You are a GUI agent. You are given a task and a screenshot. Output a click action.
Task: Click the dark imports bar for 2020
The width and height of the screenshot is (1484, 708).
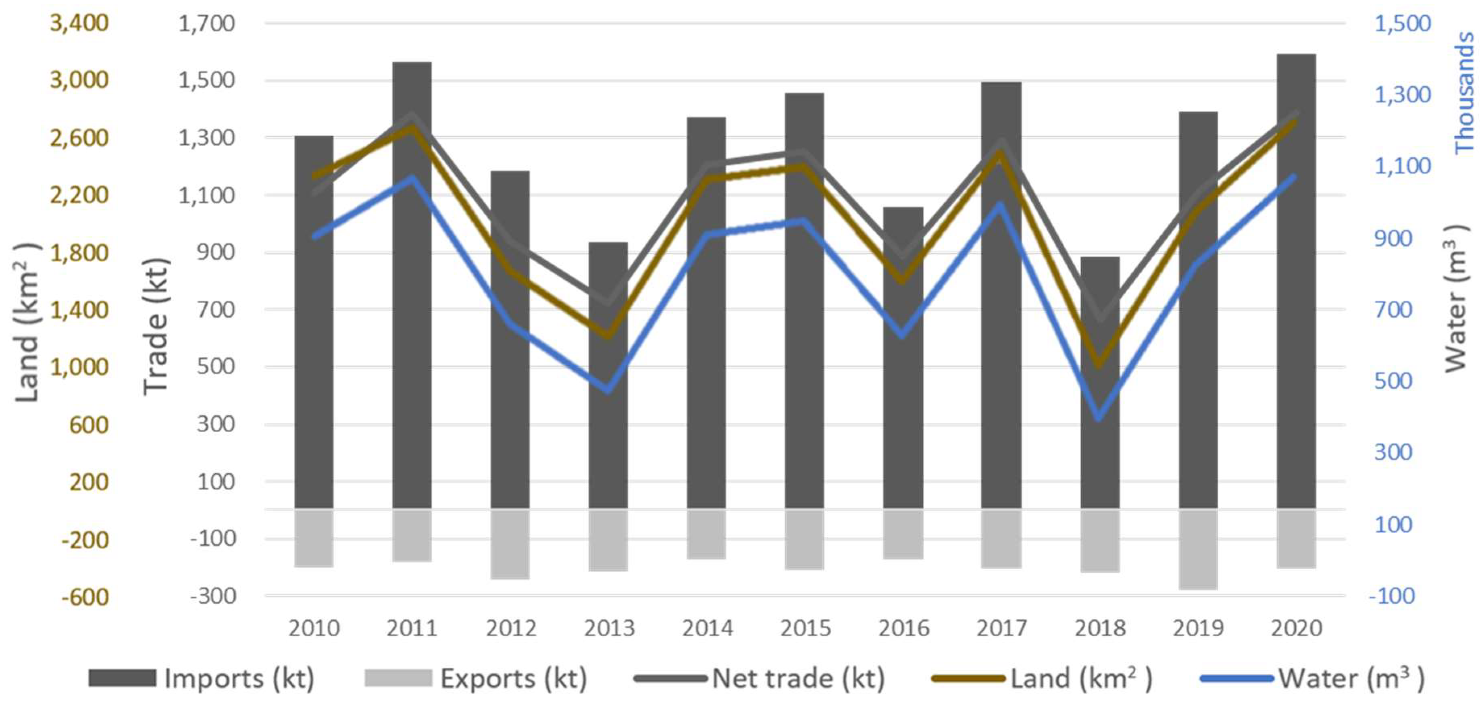point(1296,281)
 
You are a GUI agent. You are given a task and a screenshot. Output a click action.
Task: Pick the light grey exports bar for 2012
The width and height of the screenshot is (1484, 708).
point(510,544)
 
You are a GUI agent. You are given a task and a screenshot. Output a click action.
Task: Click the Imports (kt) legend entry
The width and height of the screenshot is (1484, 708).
point(202,678)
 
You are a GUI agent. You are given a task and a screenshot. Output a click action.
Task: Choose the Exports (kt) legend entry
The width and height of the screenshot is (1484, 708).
point(476,678)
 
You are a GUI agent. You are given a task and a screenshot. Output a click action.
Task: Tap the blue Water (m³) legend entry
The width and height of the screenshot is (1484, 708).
point(1313,678)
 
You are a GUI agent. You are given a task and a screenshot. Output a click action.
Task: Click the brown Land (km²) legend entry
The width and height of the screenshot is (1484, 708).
point(1042,678)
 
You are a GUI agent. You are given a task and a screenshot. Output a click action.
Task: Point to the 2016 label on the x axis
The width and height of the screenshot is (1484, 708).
point(903,628)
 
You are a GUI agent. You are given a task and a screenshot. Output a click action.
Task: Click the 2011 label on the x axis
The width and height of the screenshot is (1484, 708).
point(412,628)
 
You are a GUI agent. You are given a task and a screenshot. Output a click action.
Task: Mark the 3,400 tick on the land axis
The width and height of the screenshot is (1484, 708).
point(79,23)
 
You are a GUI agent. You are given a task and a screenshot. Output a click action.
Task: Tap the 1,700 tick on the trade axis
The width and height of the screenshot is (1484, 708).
point(207,23)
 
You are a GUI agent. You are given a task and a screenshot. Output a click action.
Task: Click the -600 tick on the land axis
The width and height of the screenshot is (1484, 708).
point(85,596)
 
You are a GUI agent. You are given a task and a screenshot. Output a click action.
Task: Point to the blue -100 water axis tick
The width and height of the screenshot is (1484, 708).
point(1391,595)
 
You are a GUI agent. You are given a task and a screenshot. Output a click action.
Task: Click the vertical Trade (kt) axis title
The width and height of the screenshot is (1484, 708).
point(156,326)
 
